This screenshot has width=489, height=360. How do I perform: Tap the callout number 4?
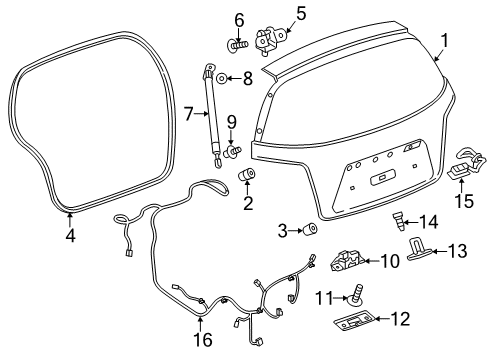click(x=69, y=236)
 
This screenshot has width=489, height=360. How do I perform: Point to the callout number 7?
click(x=188, y=116)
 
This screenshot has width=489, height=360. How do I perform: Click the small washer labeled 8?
click(x=224, y=78)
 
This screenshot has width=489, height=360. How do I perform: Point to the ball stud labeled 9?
click(x=236, y=150)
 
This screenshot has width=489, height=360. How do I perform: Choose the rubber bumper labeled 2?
click(x=247, y=177)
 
